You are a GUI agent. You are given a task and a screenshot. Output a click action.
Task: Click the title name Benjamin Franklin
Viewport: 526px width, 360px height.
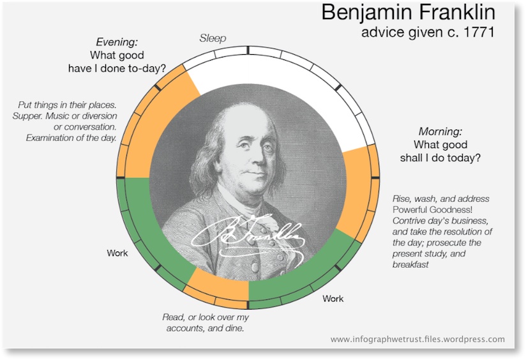409,13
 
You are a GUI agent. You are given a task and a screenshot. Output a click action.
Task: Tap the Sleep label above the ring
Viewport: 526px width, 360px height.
213,38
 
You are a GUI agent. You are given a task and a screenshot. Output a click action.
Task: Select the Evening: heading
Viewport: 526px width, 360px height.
117,42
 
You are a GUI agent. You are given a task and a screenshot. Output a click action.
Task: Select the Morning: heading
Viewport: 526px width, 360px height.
440,131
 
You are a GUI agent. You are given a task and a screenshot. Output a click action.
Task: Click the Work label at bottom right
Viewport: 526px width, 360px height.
333,299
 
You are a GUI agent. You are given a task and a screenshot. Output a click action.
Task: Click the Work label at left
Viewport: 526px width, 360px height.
117,253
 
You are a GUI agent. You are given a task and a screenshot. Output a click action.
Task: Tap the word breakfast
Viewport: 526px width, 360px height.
410,265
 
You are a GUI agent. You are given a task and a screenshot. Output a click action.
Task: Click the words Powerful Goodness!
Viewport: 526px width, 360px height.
432,210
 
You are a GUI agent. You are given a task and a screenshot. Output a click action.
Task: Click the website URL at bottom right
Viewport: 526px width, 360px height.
417,339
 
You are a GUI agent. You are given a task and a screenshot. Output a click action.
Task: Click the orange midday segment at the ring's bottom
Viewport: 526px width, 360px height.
218,289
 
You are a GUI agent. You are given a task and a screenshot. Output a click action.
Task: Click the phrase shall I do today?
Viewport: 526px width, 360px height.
440,158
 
